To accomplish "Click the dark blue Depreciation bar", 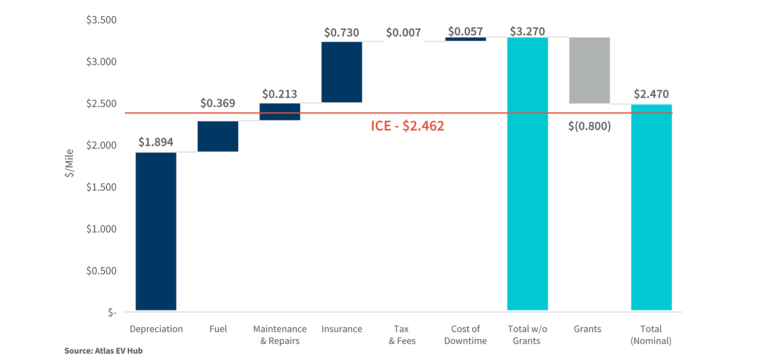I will coord(156,231).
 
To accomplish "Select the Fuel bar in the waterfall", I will coord(218,136).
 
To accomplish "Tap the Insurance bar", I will coord(342,72).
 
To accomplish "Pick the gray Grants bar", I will coord(589,70).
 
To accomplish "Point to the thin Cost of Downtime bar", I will coord(466,39).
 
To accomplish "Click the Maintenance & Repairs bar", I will coord(280,112).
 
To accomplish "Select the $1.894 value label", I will coord(156,142).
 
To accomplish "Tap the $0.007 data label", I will coord(403,33).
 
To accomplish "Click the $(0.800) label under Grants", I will coord(589,126).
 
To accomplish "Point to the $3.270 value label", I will coord(527,31).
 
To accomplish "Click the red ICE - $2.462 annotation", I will coord(407,126).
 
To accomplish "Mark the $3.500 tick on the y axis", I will coord(101,20).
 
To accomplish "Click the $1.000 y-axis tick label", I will coord(101,229).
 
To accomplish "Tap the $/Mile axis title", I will coord(69,163).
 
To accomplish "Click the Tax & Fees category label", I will coord(402,335).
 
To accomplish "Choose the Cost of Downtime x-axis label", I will coord(465,335).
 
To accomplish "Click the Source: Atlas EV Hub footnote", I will coord(104,351).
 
